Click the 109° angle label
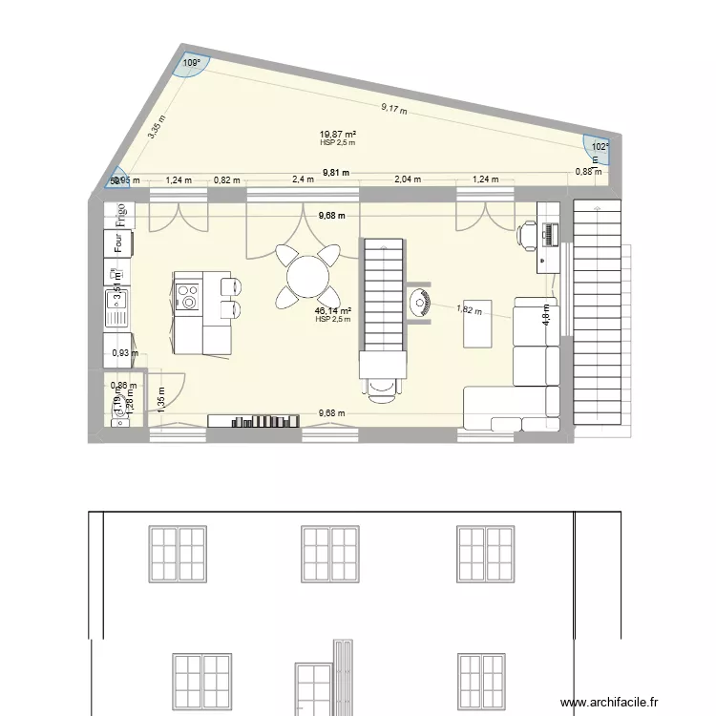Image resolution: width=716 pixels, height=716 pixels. (191, 64)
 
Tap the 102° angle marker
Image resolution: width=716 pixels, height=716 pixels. (599, 147)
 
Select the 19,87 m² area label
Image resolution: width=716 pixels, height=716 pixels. (337, 136)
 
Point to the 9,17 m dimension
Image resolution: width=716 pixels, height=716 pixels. (393, 109)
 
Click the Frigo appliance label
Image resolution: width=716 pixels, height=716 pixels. (122, 215)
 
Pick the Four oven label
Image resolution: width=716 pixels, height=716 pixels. (118, 244)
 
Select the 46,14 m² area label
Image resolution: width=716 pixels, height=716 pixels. (333, 311)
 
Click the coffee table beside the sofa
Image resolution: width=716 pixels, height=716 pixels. (476, 324)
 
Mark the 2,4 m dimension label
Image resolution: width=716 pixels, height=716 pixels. (303, 179)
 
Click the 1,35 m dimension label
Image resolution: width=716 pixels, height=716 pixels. (160, 396)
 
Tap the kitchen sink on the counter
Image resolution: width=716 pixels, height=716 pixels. (116, 307)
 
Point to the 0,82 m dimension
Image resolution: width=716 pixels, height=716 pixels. (227, 179)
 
